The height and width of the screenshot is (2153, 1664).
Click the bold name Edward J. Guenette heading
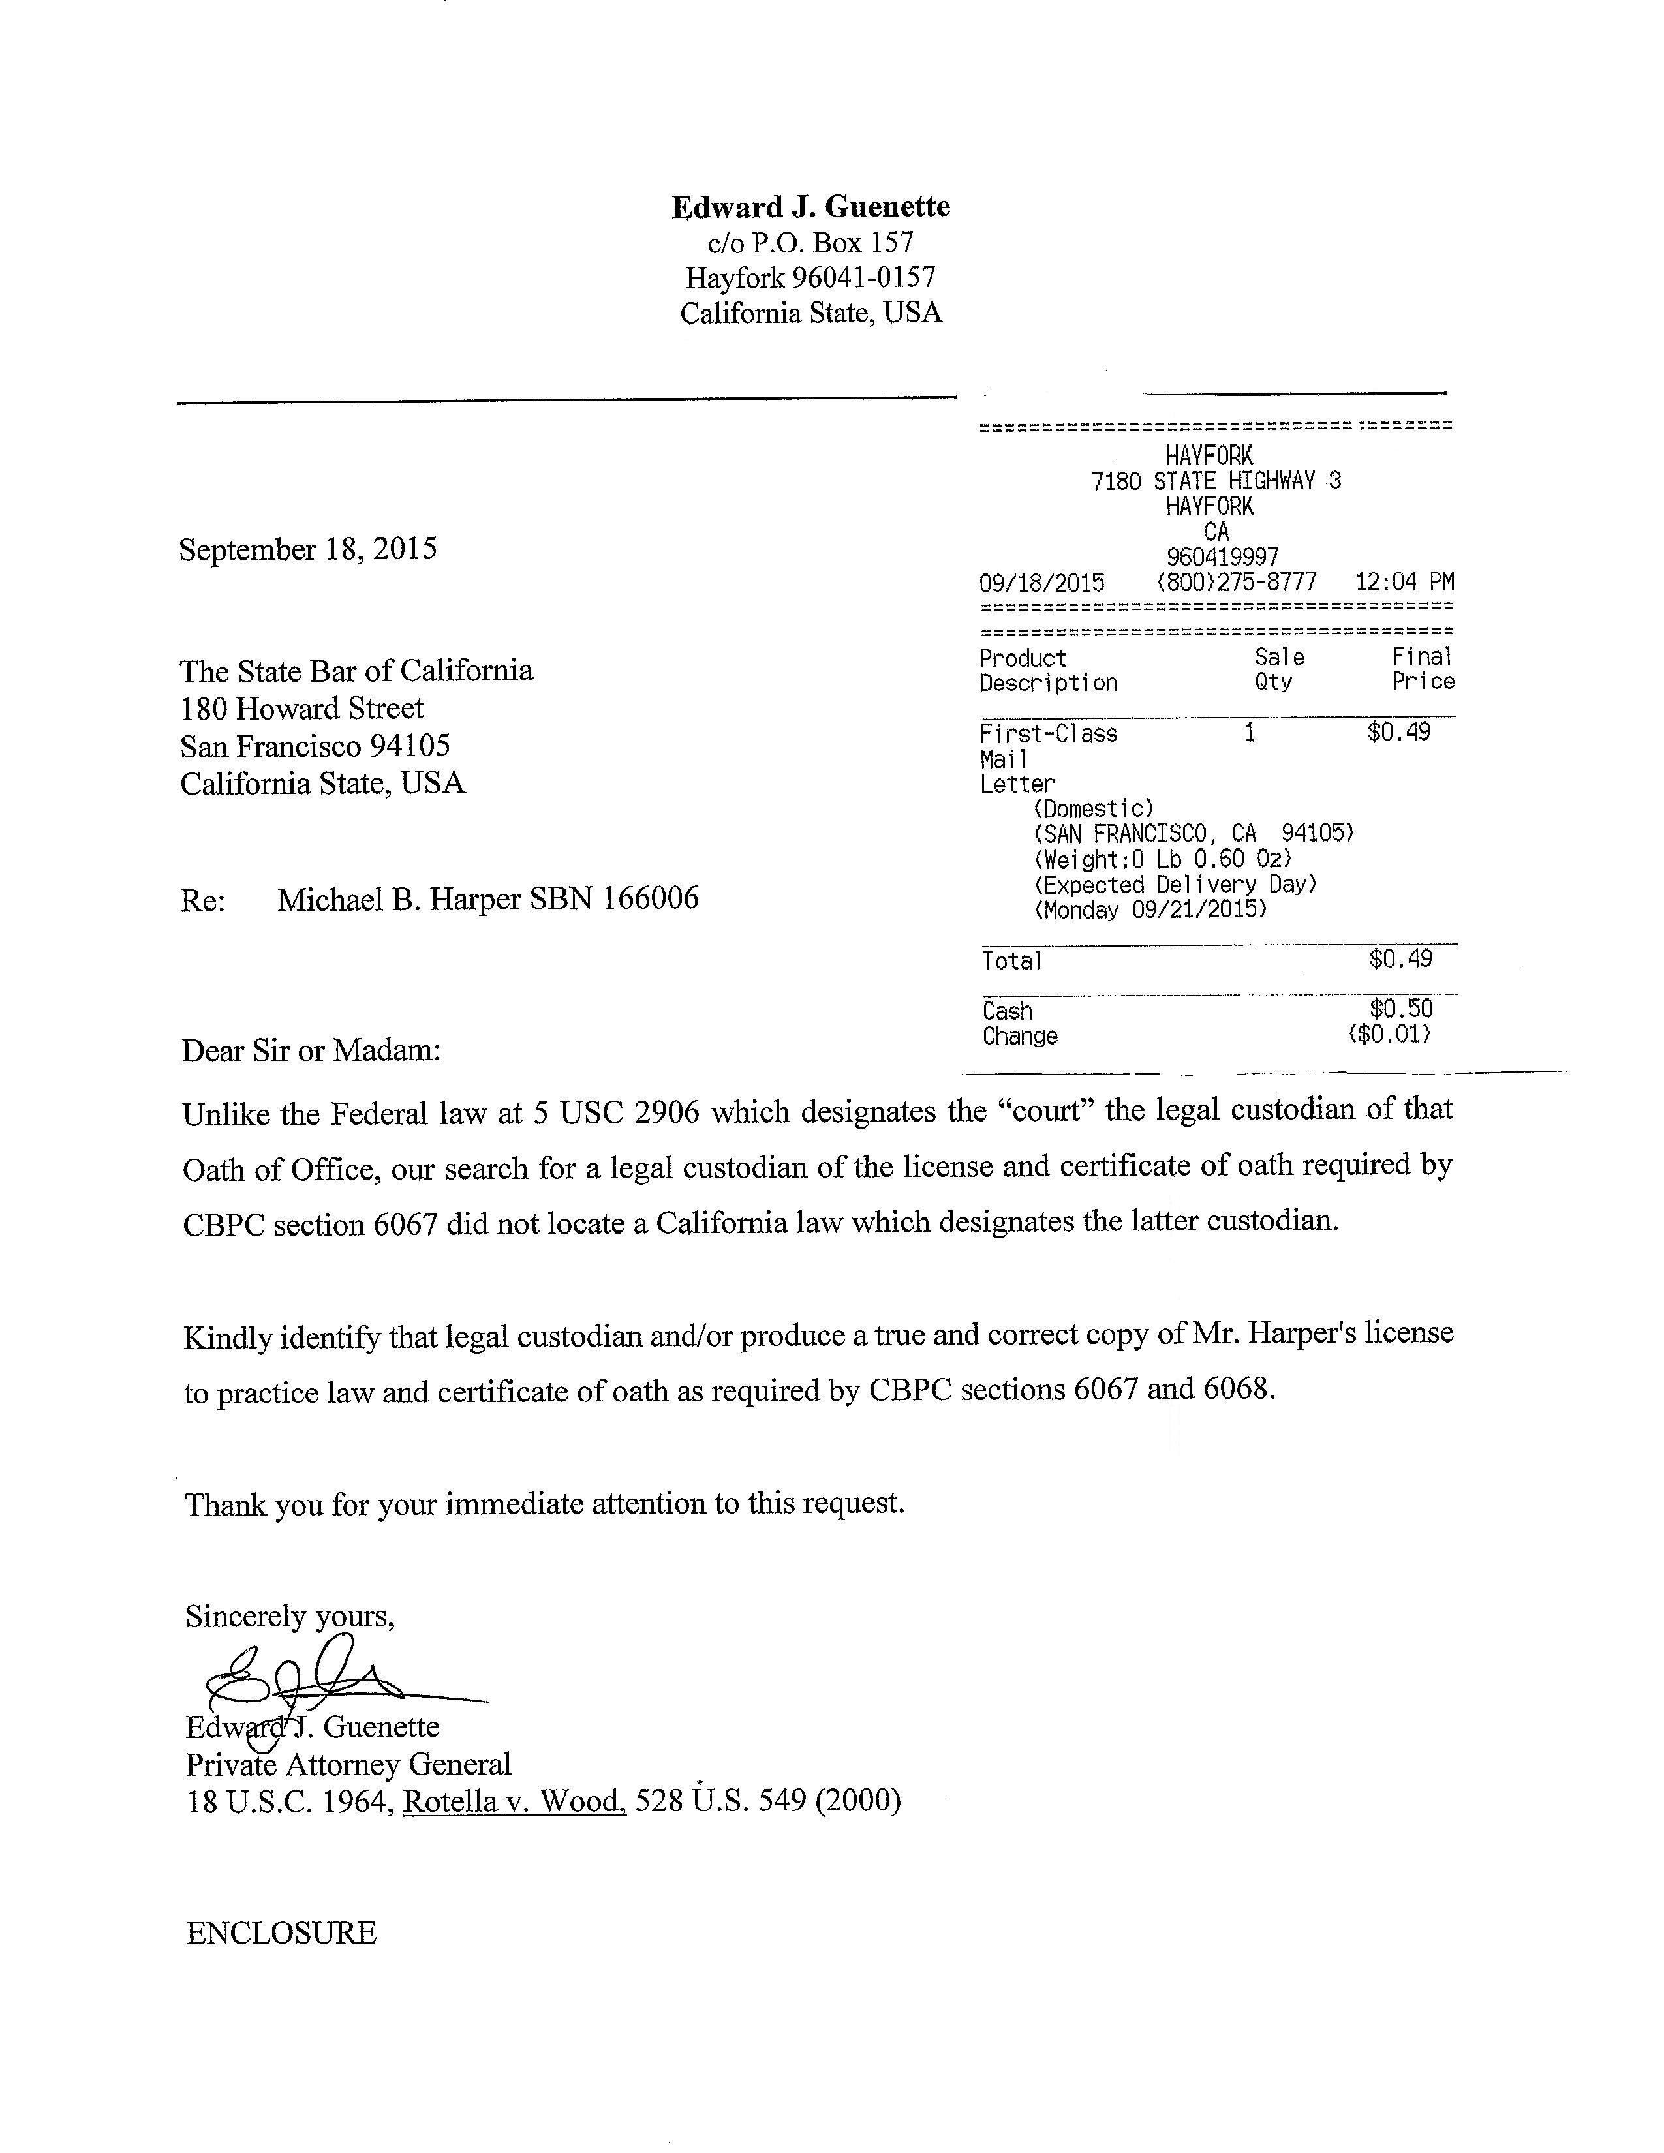pyautogui.click(x=810, y=207)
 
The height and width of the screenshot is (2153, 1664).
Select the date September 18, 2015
pyautogui.click(x=307, y=549)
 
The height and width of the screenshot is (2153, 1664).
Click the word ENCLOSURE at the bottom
pyautogui.click(x=281, y=1933)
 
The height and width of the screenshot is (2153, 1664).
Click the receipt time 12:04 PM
pyautogui.click(x=1404, y=581)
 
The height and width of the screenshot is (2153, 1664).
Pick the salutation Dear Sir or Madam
pyautogui.click(x=311, y=1051)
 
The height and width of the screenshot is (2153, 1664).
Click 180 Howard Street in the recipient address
pyautogui.click(x=301, y=708)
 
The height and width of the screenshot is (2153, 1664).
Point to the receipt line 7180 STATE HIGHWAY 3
pyautogui.click(x=1216, y=481)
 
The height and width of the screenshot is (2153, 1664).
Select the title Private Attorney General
pyautogui.click(x=348, y=1764)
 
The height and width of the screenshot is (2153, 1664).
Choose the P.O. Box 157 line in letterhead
pyautogui.click(x=810, y=243)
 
